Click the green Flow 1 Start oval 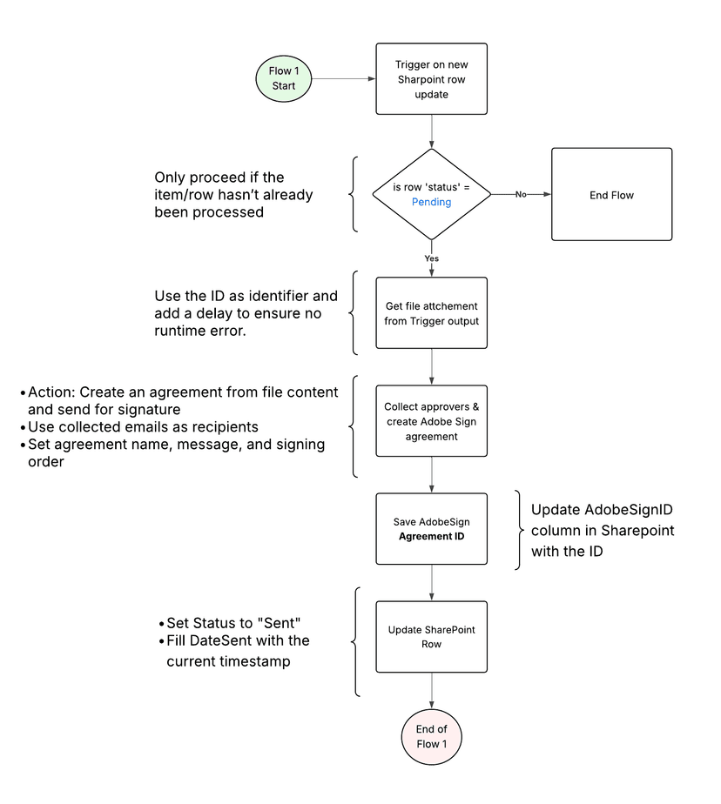(x=283, y=78)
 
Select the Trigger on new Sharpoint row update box (x=432, y=78)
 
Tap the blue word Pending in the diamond (x=432, y=202)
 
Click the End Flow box (x=611, y=195)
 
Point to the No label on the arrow (x=520, y=195)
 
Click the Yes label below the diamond (x=432, y=258)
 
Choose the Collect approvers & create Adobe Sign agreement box (x=432, y=421)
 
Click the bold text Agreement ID (x=432, y=536)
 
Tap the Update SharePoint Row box (x=432, y=637)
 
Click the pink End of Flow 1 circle (x=432, y=736)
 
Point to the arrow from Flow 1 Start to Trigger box (x=343, y=78)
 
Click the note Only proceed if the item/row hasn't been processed (x=233, y=195)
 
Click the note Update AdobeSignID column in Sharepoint (x=603, y=530)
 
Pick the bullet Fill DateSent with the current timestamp (x=237, y=651)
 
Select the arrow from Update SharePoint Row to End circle (x=432, y=692)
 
